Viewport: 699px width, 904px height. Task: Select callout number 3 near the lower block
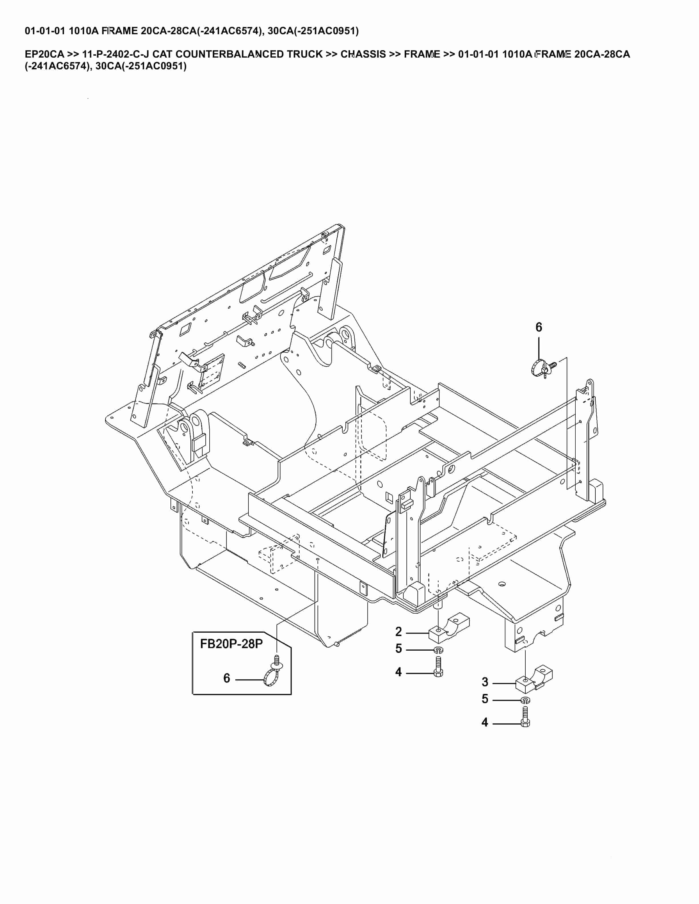pos(485,682)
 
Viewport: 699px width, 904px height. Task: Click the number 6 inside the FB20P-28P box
pos(226,678)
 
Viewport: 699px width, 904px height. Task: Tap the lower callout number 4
pos(485,722)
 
